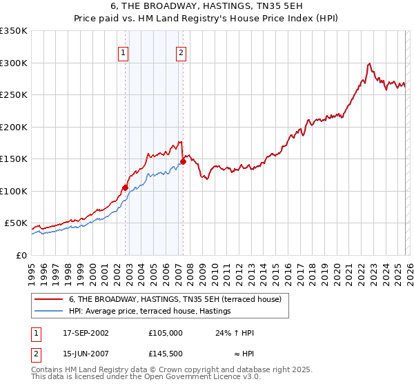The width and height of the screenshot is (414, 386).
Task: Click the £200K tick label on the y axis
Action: point(14,127)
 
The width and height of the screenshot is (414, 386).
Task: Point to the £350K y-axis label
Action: point(14,31)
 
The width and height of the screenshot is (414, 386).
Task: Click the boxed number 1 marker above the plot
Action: point(123,52)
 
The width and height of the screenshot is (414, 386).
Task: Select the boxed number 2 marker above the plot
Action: point(181,52)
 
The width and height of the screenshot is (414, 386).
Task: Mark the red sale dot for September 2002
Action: point(125,187)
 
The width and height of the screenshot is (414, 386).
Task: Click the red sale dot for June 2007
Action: point(183,162)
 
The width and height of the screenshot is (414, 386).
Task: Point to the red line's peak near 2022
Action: point(370,63)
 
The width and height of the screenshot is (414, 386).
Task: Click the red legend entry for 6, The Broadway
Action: point(175,300)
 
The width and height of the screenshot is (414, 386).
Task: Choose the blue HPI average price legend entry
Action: point(152,312)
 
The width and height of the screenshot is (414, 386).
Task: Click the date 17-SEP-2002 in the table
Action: point(86,333)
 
